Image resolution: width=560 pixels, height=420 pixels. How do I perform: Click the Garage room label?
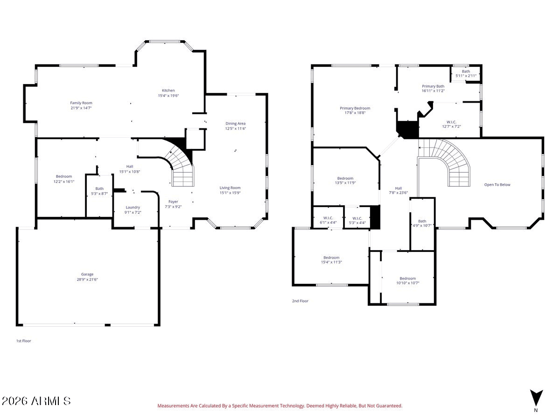pos(87,274)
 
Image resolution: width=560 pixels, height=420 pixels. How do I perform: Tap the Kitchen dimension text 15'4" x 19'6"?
pos(168,96)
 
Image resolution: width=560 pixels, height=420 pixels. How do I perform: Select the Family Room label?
pos(81,103)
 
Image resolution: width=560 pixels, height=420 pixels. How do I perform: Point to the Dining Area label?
pos(235,123)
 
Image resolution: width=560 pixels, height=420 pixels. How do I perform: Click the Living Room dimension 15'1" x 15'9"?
pos(230,193)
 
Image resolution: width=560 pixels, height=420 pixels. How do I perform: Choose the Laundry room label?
pos(133,207)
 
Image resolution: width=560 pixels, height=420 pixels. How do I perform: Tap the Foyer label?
pos(173,202)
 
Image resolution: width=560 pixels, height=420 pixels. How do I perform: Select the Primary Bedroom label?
pos(355,108)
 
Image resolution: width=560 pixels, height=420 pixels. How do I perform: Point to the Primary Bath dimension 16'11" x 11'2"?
pos(433,91)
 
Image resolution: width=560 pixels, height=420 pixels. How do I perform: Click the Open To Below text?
pos(497,185)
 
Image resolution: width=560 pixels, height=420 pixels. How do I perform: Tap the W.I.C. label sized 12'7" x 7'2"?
pos(451,122)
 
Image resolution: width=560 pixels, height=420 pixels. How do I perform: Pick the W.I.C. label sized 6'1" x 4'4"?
pos(328,218)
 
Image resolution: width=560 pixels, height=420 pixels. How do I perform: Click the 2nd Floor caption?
pos(300,301)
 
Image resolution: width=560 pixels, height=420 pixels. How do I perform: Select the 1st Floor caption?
pos(23,341)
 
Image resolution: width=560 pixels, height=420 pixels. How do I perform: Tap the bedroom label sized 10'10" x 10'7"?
pos(407,279)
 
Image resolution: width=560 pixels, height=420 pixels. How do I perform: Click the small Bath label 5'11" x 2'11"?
pos(466,71)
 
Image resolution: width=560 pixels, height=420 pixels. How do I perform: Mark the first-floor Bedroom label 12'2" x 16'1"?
pos(64,176)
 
